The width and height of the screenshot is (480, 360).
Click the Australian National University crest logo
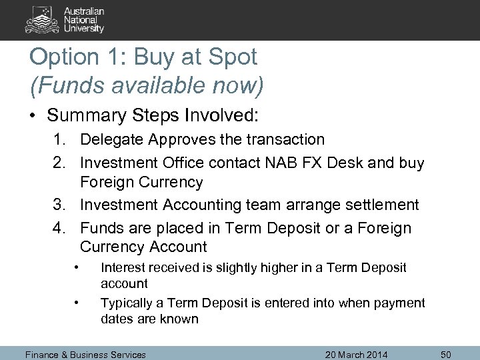43,19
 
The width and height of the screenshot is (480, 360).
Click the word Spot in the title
231,57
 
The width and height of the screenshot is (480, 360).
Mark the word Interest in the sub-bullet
122,267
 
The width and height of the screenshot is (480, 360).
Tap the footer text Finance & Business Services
85,354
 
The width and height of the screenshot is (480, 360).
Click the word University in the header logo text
84,29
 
